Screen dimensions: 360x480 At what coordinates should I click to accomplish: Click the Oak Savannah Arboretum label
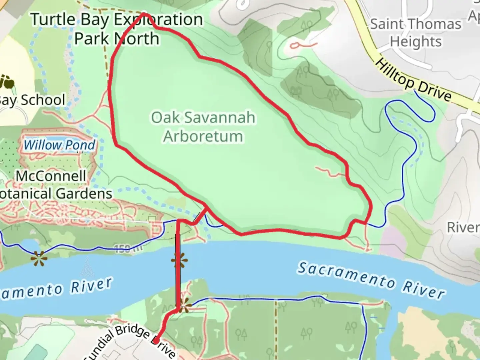(203, 127)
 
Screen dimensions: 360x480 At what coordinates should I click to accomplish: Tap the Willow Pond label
(59, 145)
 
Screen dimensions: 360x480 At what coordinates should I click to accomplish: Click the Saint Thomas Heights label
(416, 33)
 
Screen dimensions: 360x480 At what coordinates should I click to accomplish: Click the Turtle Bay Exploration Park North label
(117, 29)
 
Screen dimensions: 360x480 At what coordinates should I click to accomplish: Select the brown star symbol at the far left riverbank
(39, 258)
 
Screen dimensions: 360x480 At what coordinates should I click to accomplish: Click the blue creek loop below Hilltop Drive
(410, 110)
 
